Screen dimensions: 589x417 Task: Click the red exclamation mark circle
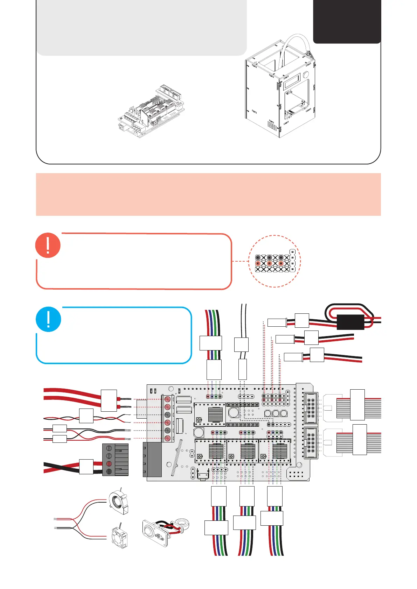(x=48, y=245)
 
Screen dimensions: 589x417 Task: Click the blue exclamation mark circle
(x=48, y=319)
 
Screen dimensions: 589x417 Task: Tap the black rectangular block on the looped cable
(x=350, y=322)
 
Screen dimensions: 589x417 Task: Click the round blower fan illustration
(x=118, y=502)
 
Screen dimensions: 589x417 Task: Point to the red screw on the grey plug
(x=109, y=463)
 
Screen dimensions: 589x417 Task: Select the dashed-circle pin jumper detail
(x=274, y=261)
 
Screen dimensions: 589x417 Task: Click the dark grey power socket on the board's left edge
(x=152, y=459)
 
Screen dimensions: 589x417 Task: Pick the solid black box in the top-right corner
(x=347, y=21)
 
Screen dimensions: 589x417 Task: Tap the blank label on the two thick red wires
(x=109, y=400)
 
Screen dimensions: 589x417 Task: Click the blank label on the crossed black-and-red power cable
(x=86, y=467)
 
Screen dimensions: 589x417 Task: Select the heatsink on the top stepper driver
(x=215, y=414)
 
